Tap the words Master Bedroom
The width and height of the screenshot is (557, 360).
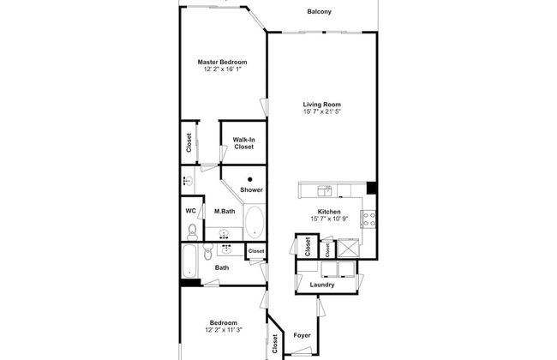222,63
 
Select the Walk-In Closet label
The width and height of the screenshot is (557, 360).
244,143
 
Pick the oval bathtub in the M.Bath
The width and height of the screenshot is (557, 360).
255,222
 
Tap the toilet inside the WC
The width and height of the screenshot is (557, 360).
192,231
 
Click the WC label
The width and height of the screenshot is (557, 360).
191,211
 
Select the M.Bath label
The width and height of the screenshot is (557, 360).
225,212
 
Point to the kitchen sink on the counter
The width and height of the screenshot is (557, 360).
324,189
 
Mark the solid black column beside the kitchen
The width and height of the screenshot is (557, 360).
371,189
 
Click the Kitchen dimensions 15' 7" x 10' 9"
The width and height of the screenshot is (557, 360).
330,219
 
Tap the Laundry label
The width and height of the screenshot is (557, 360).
322,285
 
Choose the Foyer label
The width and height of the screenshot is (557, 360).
302,335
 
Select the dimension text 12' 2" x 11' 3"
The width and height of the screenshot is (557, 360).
223,329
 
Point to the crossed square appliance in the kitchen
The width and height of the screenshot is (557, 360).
348,249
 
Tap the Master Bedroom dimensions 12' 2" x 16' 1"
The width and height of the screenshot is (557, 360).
222,69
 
